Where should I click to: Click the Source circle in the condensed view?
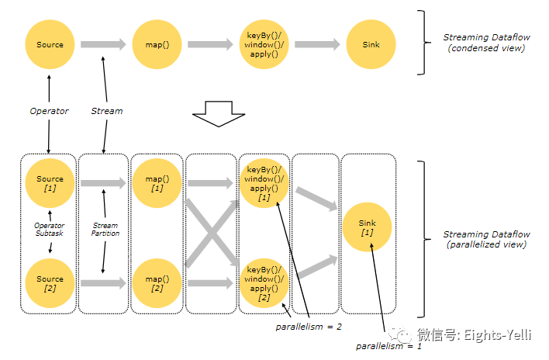click(50, 45)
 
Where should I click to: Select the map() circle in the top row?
click(157, 45)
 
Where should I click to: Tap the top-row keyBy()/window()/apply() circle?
click(264, 45)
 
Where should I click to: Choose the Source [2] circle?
click(50, 283)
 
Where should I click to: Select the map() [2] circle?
click(157, 283)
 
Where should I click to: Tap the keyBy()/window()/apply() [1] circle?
click(264, 184)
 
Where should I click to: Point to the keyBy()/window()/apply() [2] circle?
click(264, 283)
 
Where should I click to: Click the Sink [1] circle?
click(368, 227)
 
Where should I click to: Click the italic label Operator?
click(49, 111)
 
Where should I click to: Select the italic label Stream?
click(107, 111)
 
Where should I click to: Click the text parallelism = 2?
click(309, 327)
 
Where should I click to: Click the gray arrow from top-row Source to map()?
click(102, 45)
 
